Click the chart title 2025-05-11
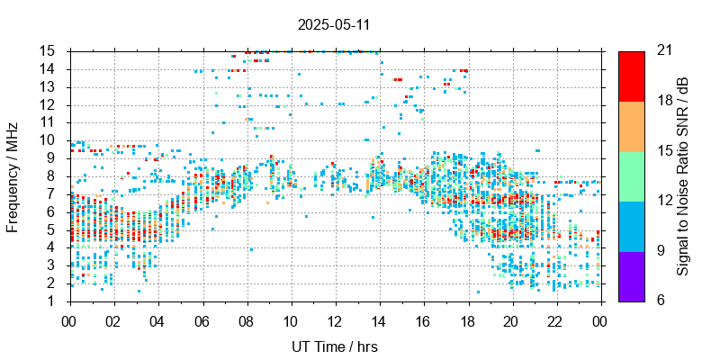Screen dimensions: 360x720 (333, 24)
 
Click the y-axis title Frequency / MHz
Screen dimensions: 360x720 (13, 175)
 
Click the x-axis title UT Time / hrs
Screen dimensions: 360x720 (335, 346)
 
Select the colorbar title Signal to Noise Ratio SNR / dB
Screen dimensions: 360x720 (683, 175)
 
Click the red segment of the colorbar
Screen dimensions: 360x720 (632, 76)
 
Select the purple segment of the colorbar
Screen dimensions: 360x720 (632, 275)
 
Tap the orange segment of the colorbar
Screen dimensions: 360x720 (632, 126)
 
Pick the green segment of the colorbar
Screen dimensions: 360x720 (632, 175)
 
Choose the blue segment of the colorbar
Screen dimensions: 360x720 (632, 226)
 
